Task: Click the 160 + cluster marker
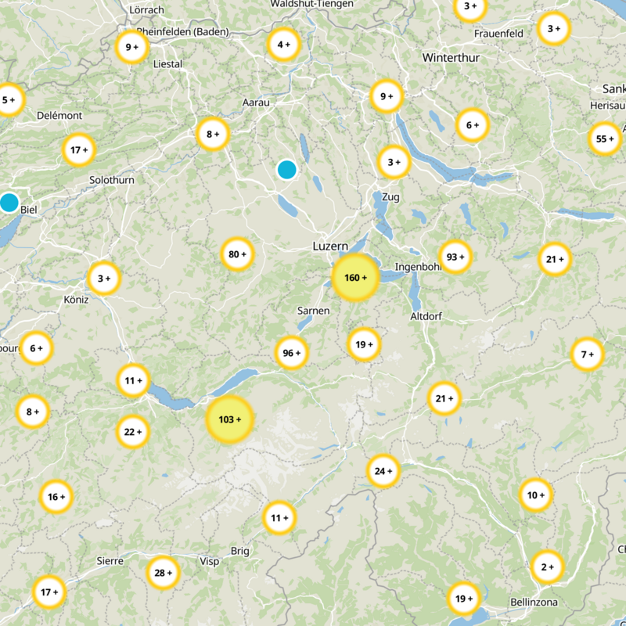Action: (x=356, y=278)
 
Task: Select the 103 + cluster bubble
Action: (x=229, y=419)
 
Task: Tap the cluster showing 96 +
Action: (x=292, y=354)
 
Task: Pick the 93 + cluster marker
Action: (x=455, y=257)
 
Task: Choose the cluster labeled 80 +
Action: (x=237, y=254)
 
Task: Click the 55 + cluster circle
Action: (x=605, y=139)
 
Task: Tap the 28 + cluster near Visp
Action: (x=164, y=573)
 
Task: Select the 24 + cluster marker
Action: (x=383, y=471)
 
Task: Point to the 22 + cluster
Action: (x=133, y=431)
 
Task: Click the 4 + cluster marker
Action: (x=283, y=45)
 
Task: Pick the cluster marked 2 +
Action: (x=546, y=567)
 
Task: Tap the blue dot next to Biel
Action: (x=9, y=203)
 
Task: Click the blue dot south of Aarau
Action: (x=287, y=169)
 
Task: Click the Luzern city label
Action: (x=330, y=246)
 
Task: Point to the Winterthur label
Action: (x=451, y=58)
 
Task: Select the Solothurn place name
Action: (x=112, y=180)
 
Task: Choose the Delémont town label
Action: (x=59, y=116)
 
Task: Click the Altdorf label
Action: (x=427, y=316)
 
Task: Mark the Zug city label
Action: (x=390, y=197)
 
